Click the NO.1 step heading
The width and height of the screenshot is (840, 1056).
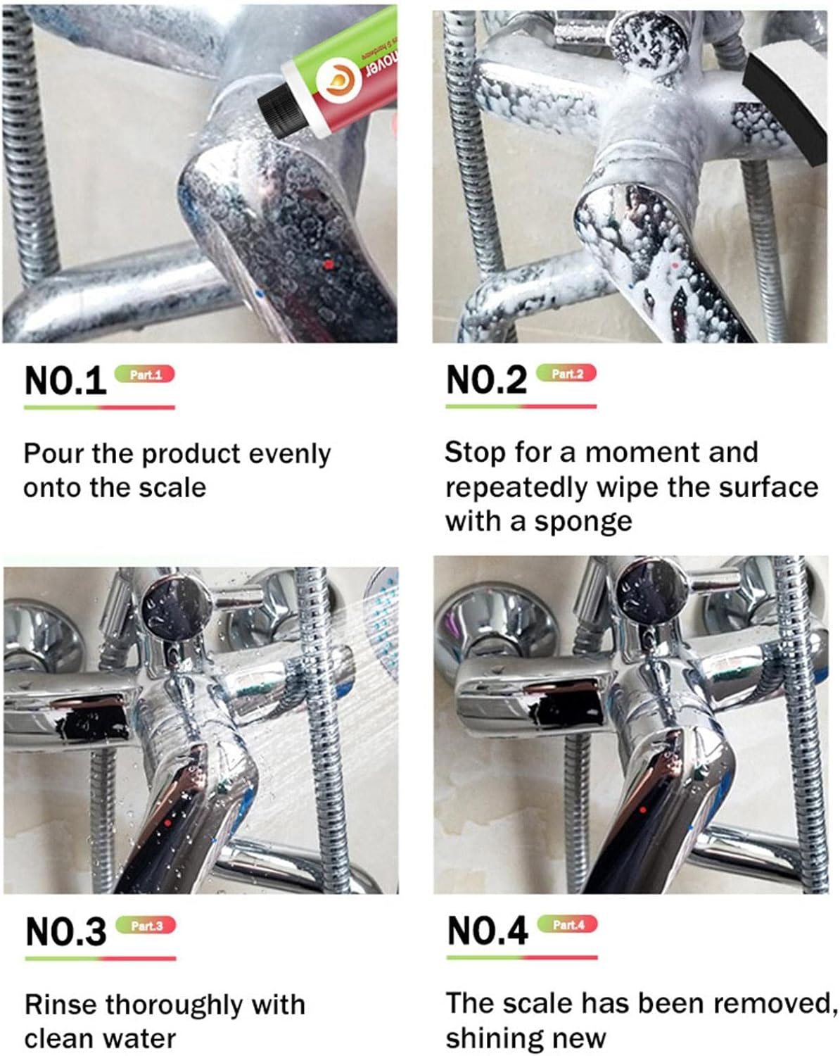pos(65,380)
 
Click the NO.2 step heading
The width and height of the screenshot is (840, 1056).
pos(486,380)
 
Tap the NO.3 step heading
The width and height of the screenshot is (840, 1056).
pos(65,931)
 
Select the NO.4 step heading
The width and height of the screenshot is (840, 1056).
pos(488,931)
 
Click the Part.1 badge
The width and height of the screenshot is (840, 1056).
pos(145,375)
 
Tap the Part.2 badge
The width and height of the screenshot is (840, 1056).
pos(567,373)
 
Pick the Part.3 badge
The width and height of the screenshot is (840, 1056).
pos(146,925)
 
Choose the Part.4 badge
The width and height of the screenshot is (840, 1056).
pos(568,924)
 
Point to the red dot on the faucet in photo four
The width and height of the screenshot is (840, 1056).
pos(643,810)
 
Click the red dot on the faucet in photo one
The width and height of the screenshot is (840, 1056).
pos(326,265)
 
